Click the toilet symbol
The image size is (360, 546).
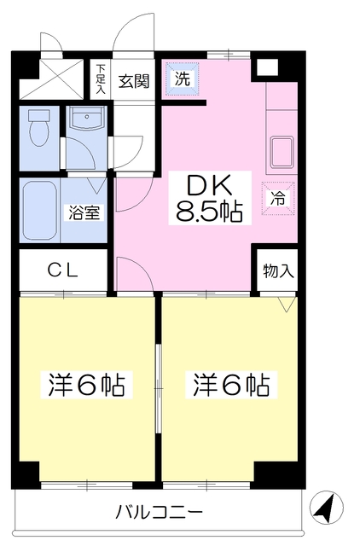[38, 127]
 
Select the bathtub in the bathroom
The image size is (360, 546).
[39, 210]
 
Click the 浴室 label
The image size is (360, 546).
[84, 212]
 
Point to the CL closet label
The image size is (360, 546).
[62, 270]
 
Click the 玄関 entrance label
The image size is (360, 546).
[134, 81]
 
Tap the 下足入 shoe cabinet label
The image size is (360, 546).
[101, 78]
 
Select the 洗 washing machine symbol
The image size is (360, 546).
[182, 78]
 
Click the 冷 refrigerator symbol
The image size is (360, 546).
[278, 199]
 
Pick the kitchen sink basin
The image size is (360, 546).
[282, 152]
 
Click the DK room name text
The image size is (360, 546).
[210, 185]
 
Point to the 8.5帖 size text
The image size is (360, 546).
[209, 211]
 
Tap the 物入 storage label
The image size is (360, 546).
[278, 270]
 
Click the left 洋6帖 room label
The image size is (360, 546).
[86, 385]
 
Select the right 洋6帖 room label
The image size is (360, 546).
[231, 385]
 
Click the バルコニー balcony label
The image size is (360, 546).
[160, 512]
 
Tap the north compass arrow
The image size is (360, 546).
[326, 507]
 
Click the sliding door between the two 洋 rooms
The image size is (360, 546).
[159, 388]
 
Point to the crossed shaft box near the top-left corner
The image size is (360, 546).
[51, 78]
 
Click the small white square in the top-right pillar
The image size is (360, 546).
[267, 67]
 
